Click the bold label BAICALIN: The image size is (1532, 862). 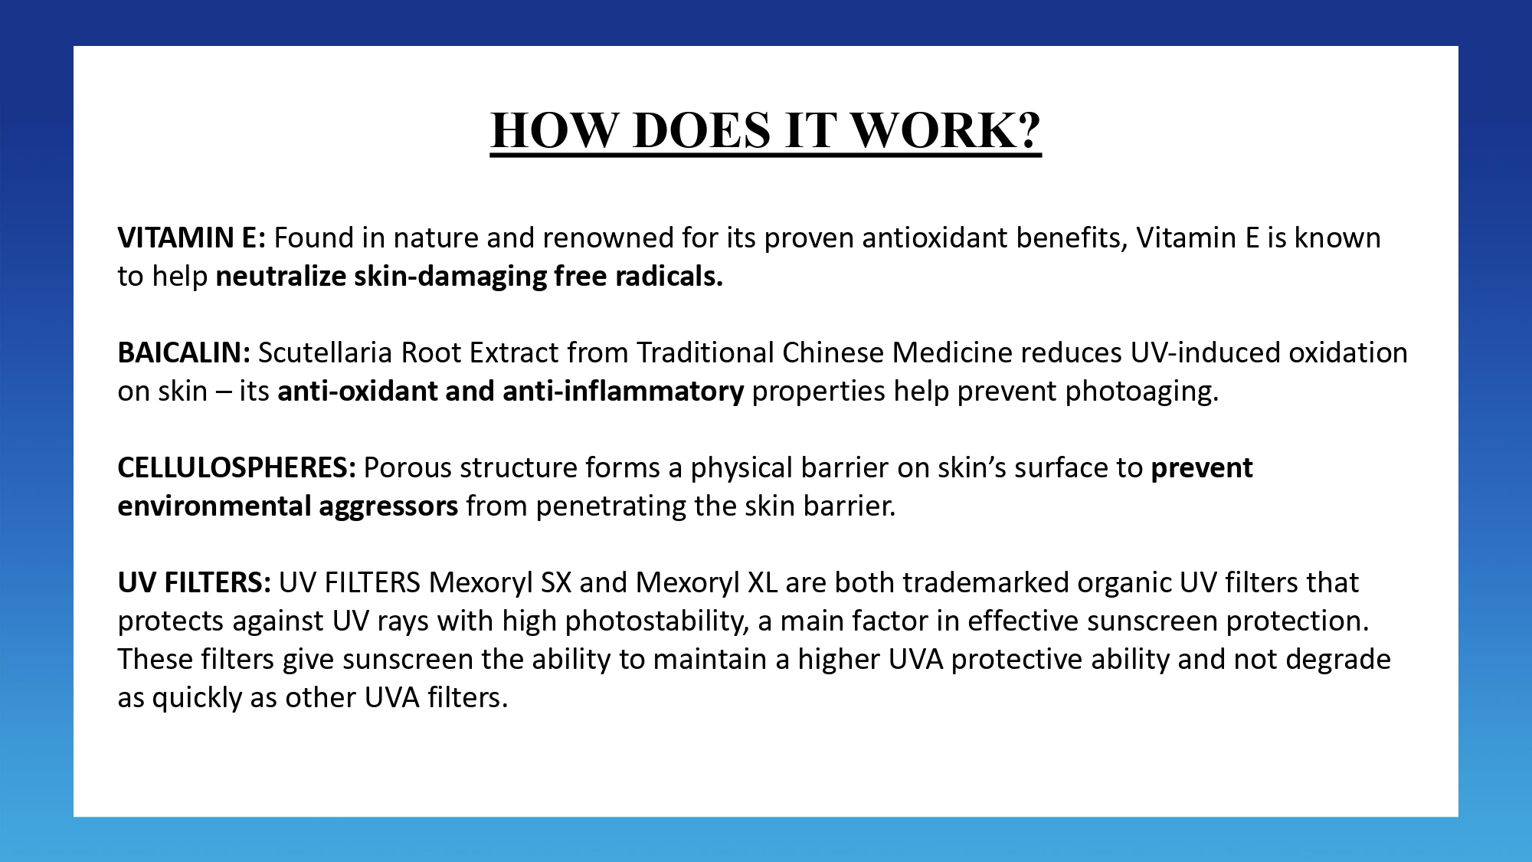tap(184, 352)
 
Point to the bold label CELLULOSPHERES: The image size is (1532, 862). tap(237, 467)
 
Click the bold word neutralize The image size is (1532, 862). tap(281, 276)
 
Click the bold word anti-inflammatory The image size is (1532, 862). tap(623, 391)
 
